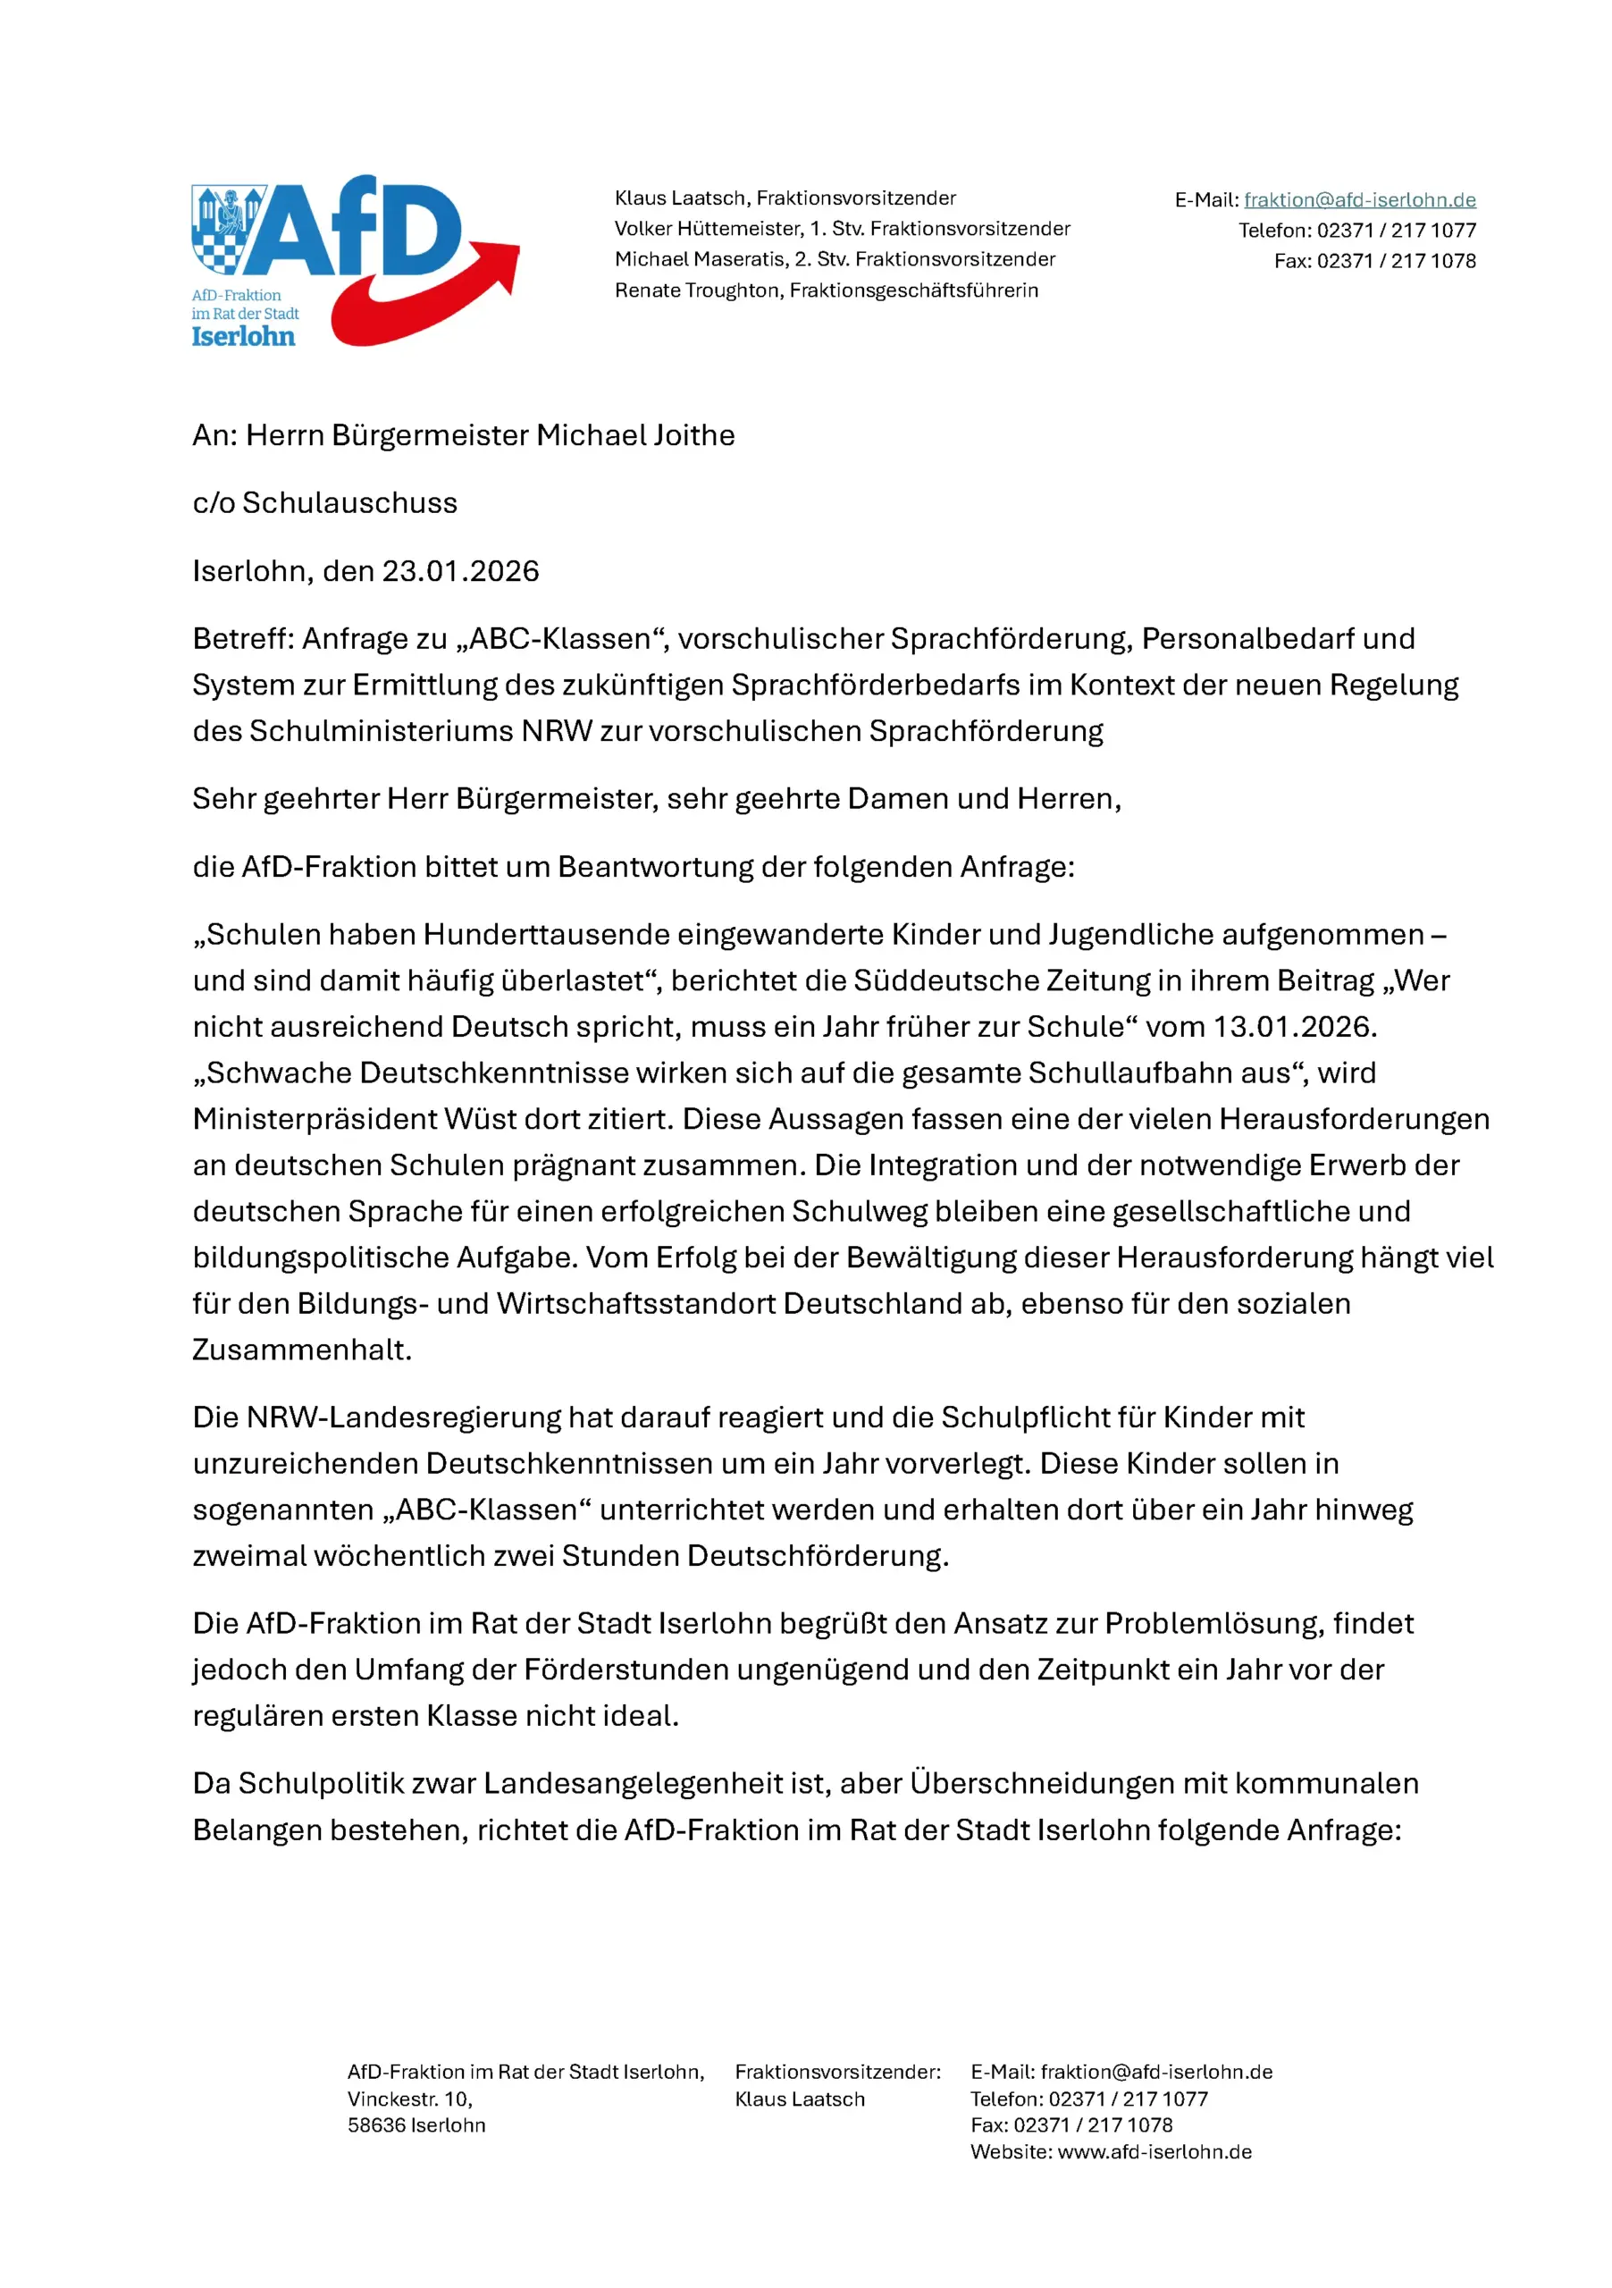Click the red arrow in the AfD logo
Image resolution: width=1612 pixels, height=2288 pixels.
428,299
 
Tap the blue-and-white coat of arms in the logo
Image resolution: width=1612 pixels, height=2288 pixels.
227,229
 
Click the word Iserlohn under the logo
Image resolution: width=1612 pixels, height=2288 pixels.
243,337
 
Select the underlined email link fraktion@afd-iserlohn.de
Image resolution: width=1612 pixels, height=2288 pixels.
1359,200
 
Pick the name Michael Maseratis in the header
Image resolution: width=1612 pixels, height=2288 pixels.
700,259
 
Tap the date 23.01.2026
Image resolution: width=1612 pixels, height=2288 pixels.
460,571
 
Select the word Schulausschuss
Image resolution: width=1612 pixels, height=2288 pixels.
349,503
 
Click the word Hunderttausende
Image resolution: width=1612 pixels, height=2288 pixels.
546,935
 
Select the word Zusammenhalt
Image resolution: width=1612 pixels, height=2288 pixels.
301,1350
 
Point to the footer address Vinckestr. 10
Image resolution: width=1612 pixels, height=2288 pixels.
409,2099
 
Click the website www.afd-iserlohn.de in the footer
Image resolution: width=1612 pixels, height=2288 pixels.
1154,2151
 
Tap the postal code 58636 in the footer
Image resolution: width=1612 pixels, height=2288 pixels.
375,2124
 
